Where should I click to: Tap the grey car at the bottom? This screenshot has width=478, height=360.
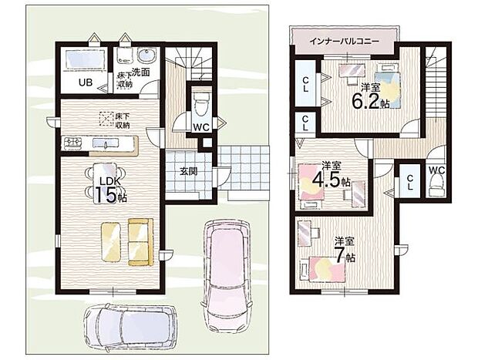(x=128, y=325)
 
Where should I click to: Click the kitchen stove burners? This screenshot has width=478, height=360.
(x=74, y=143)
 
